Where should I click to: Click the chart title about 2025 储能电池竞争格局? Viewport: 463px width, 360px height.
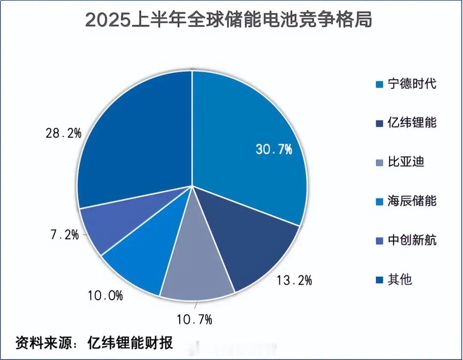click(x=228, y=20)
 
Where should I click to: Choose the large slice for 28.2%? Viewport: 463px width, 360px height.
click(x=137, y=137)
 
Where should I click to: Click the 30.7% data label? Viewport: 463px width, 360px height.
click(x=274, y=150)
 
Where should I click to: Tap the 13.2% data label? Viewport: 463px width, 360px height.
click(x=293, y=281)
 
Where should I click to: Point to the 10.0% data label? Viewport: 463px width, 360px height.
click(x=105, y=295)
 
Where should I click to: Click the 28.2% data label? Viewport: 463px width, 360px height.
click(x=63, y=134)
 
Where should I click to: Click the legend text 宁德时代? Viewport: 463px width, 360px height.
click(x=412, y=84)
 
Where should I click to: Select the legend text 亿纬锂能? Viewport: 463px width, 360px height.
click(x=412, y=123)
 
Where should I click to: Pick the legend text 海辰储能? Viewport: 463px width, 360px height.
click(x=412, y=201)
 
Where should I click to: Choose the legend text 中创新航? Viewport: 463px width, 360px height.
click(x=412, y=240)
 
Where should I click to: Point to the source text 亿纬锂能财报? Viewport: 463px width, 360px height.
click(x=129, y=343)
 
